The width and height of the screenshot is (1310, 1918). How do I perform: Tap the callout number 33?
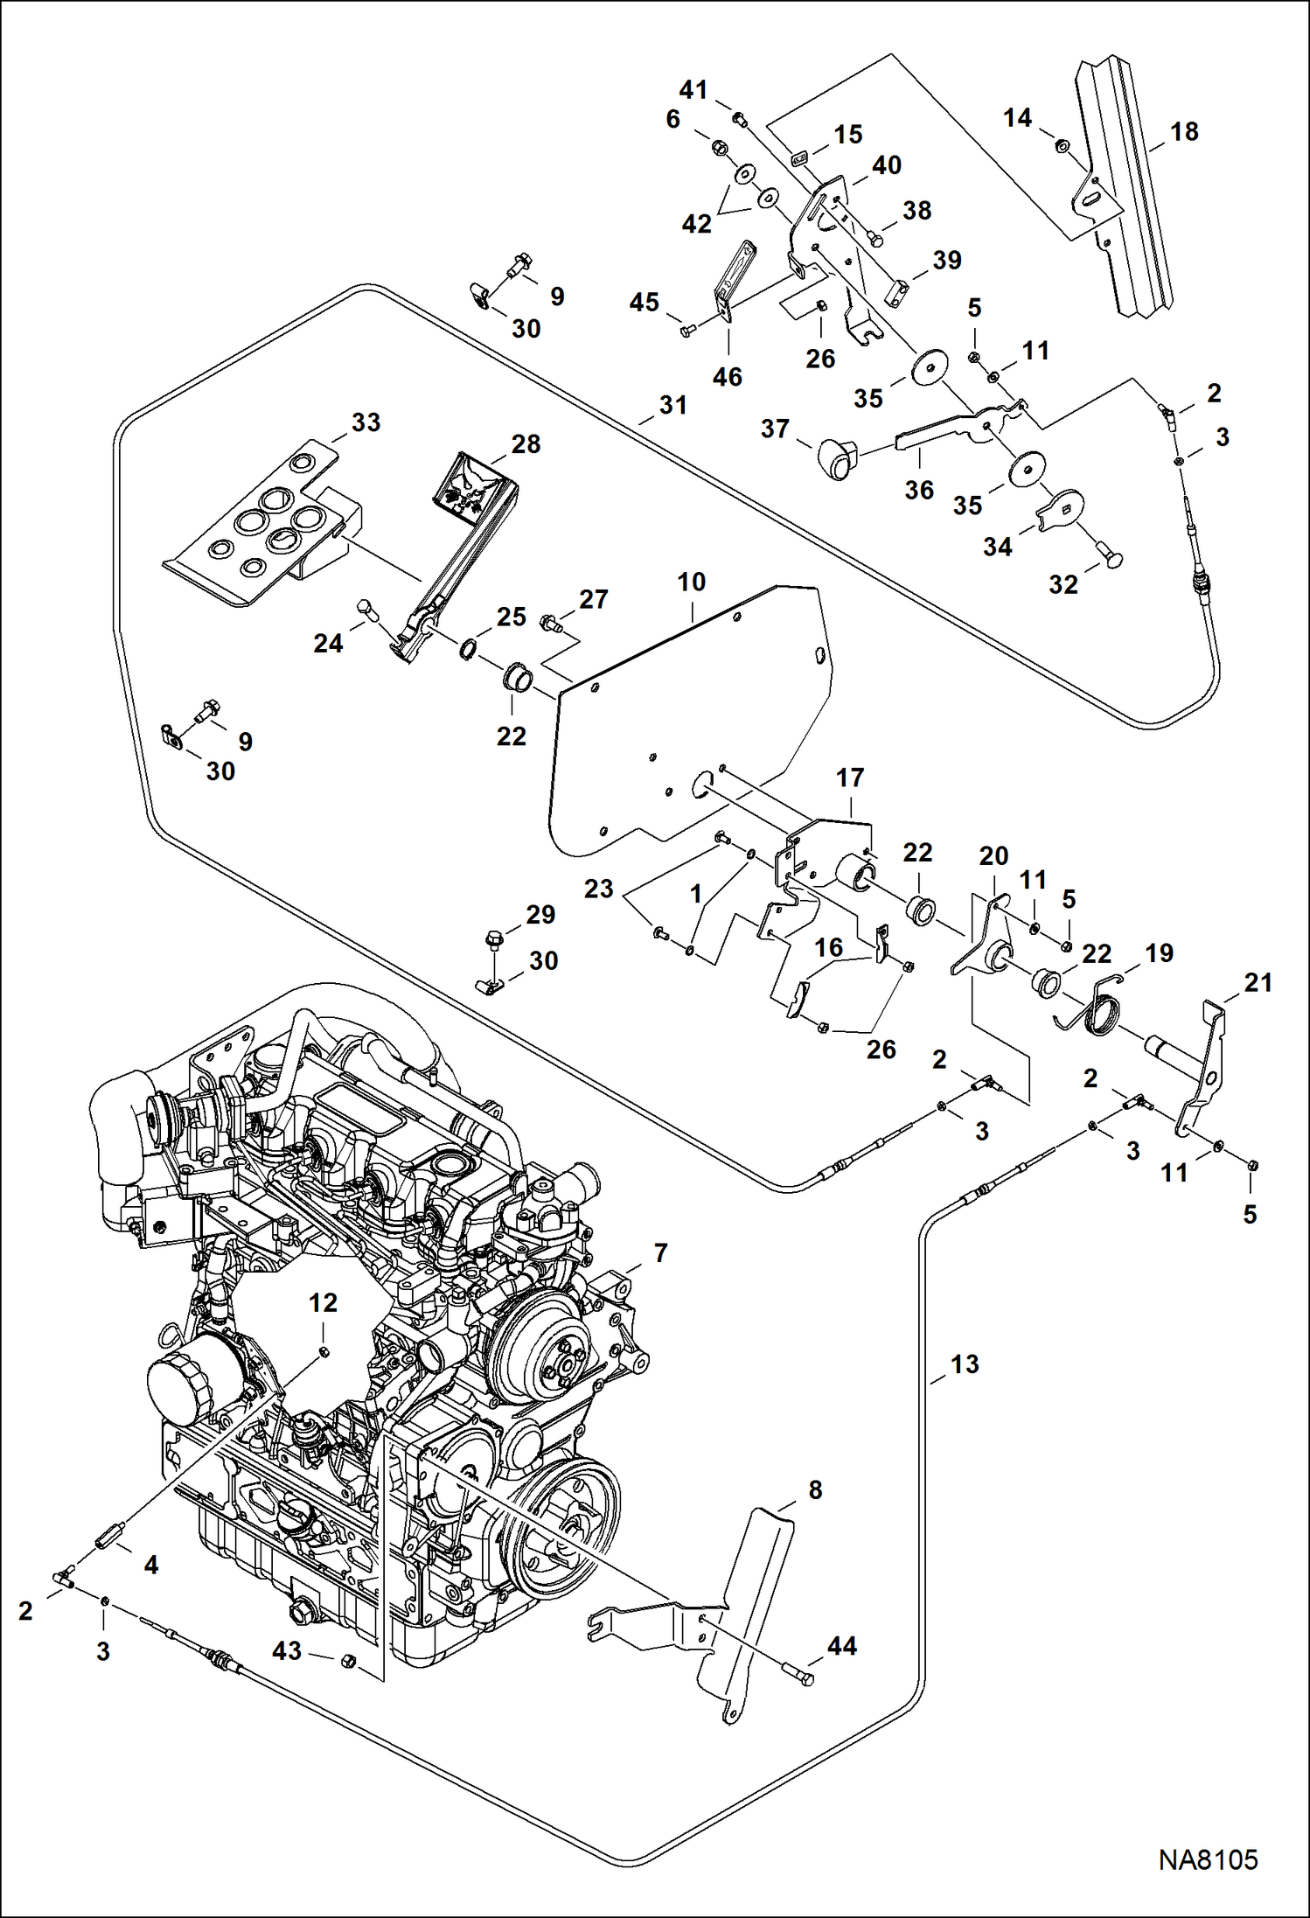click(366, 422)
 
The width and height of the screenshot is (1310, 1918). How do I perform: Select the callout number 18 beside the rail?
click(1183, 132)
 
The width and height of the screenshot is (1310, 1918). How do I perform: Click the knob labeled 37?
click(837, 458)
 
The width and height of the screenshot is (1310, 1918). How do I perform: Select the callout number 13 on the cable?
click(965, 1364)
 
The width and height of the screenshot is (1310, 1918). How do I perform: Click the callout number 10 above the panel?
click(691, 582)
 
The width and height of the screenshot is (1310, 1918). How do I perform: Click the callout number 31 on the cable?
click(672, 406)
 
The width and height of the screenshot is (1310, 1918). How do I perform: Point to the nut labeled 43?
click(346, 1661)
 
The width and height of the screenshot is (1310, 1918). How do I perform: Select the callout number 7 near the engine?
click(660, 1253)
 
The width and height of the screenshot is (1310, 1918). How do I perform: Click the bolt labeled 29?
click(493, 940)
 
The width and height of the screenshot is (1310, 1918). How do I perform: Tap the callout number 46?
click(727, 377)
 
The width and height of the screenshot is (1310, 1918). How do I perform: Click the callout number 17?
click(850, 778)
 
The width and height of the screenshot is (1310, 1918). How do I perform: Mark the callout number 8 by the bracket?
click(815, 1490)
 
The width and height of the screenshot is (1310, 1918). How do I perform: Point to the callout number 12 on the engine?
click(323, 1303)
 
